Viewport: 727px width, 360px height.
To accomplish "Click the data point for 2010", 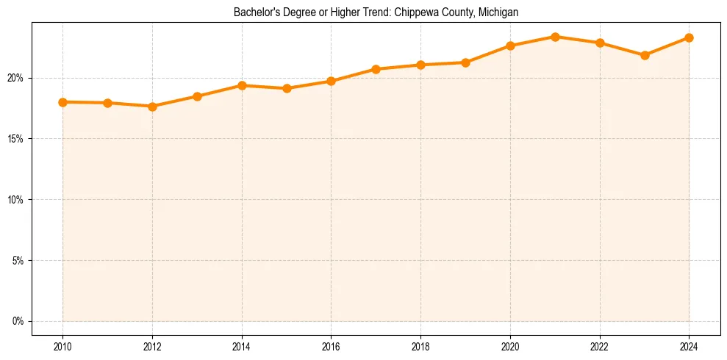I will point(62,102).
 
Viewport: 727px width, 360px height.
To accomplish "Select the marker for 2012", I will point(152,107).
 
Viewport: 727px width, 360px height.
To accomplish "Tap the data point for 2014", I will point(242,85).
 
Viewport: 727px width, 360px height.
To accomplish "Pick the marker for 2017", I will point(376,69).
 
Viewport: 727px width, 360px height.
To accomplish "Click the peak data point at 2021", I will point(555,37).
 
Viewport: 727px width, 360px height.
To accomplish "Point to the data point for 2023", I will point(645,55).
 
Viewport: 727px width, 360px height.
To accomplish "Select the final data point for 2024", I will point(689,37).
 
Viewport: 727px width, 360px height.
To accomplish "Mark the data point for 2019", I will point(465,62).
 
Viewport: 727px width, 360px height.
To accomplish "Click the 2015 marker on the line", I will point(287,88).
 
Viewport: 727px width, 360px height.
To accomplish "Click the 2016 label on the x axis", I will point(331,346).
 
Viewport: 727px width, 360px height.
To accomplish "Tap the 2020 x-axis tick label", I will point(510,346).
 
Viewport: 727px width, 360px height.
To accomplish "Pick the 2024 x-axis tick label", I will point(689,346).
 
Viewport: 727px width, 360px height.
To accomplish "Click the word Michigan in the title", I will point(498,12).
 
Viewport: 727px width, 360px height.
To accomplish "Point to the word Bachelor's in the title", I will point(254,12).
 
